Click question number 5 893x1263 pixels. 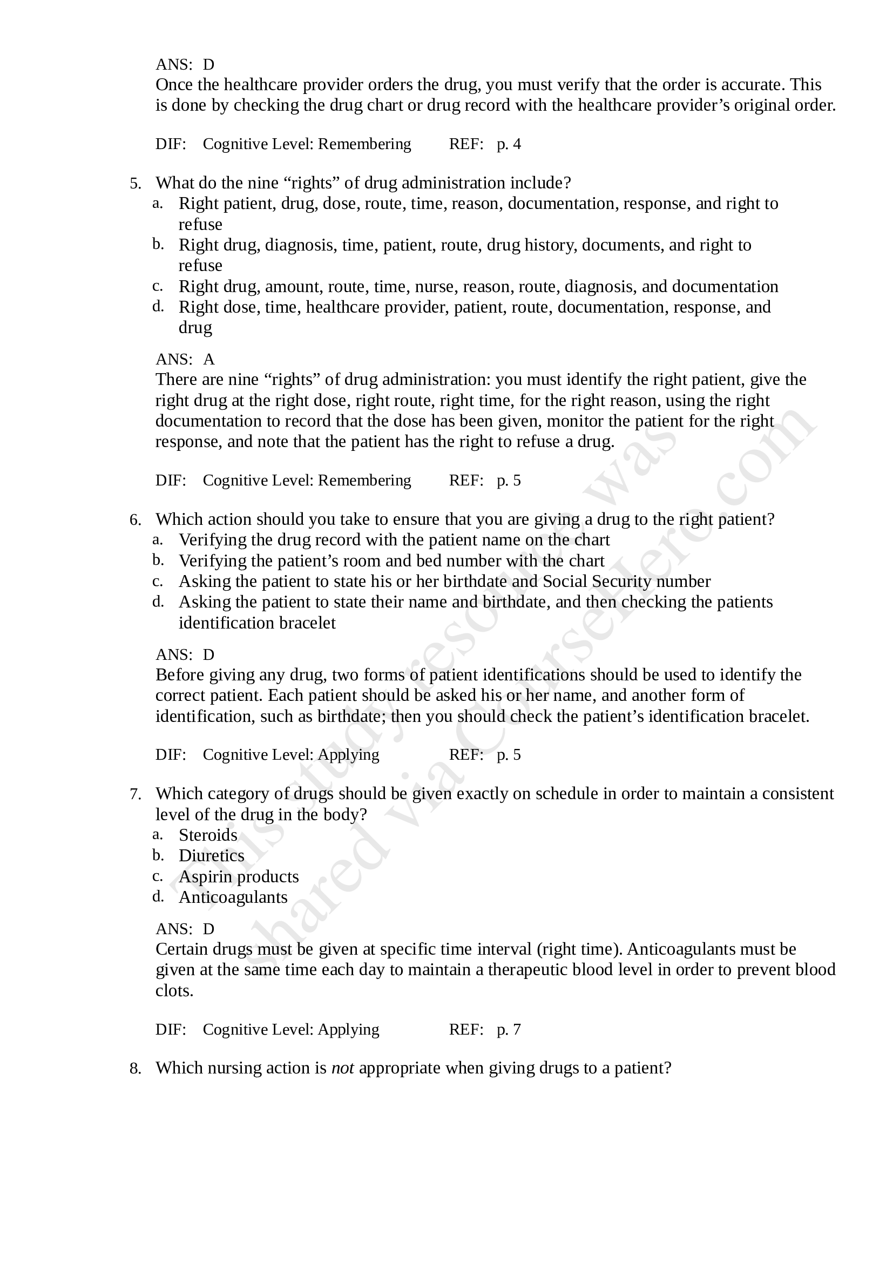coord(136,183)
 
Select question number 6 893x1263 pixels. coord(136,520)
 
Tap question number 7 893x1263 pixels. coord(136,794)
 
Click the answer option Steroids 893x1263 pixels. coord(208,835)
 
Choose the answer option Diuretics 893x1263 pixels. coord(211,855)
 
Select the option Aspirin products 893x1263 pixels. coord(238,876)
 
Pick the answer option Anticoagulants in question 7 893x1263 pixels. coord(233,897)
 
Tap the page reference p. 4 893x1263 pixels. coord(509,144)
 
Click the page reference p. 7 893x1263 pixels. coord(509,1029)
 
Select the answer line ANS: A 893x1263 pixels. coord(185,359)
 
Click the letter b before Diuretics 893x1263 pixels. coord(158,855)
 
